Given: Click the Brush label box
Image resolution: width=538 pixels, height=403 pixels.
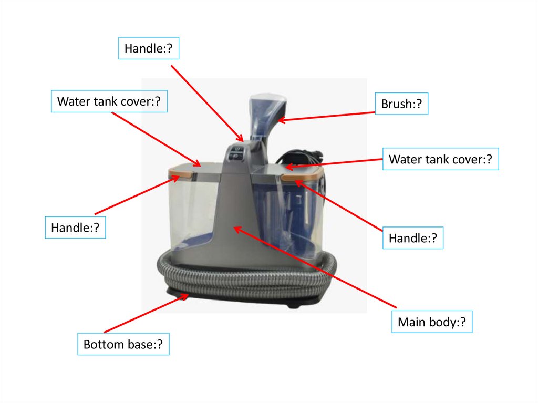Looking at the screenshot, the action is [x=401, y=104].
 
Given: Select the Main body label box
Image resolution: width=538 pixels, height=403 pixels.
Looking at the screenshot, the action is [x=432, y=322].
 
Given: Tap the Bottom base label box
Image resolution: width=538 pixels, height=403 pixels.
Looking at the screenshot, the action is [x=123, y=344].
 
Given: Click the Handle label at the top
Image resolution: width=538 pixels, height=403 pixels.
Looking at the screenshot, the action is [x=149, y=48].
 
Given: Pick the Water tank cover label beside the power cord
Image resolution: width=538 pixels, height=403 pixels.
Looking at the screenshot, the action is [x=441, y=159].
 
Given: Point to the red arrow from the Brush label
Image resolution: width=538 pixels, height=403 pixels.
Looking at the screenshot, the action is [x=326, y=116].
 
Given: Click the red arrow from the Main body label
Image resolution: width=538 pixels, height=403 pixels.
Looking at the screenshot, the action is [x=315, y=267].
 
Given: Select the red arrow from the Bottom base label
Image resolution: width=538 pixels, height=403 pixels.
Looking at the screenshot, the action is [x=146, y=313].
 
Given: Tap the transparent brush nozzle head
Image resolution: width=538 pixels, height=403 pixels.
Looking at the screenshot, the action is [x=267, y=117].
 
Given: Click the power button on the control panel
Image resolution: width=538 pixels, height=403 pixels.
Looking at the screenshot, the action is [x=237, y=149].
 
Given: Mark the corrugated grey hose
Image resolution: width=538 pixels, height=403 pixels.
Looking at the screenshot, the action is [x=246, y=280].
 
